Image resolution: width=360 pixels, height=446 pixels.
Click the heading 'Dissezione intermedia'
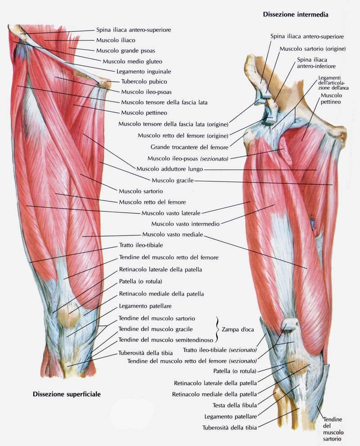[x=295, y=14]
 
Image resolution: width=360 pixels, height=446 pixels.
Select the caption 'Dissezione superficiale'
[x=67, y=394]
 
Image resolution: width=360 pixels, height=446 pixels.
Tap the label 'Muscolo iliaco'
[x=116, y=40]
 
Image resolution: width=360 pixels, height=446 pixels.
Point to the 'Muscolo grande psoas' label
[x=126, y=50]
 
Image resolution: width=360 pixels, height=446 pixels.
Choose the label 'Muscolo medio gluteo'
[x=133, y=61]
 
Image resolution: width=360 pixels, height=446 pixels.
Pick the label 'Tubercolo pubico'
[x=144, y=81]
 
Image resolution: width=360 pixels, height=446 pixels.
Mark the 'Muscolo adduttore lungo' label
[x=169, y=169]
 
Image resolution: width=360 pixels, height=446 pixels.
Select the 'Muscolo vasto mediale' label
[x=172, y=234]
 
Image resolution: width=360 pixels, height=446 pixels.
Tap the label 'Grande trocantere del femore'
[x=189, y=147]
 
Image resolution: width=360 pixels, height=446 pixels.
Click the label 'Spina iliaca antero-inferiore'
[x=314, y=63]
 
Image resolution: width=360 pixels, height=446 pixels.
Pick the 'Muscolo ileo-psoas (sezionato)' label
[x=188, y=158]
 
